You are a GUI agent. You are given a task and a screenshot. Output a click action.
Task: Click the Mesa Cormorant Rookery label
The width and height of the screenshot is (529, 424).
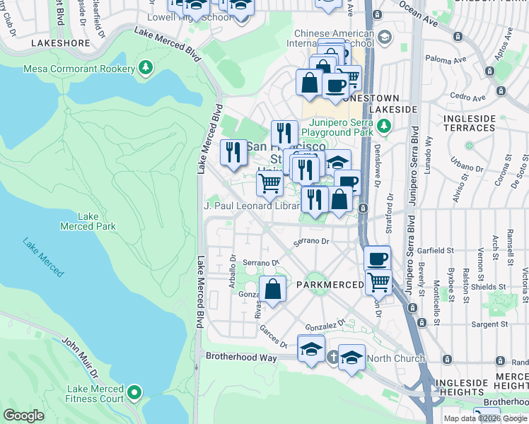click(x=79, y=69)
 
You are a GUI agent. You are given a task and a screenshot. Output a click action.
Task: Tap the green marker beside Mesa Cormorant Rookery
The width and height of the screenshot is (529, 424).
click(x=146, y=68)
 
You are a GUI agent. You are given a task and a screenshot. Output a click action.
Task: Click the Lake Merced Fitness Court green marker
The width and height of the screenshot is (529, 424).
click(x=134, y=391)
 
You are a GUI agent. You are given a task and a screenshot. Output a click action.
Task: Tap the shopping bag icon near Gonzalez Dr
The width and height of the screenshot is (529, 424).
click(x=273, y=288)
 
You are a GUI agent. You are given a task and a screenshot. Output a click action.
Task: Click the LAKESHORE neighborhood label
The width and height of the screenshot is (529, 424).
click(x=61, y=43)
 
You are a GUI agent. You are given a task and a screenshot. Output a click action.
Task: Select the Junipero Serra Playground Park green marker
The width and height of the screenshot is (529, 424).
click(x=383, y=126)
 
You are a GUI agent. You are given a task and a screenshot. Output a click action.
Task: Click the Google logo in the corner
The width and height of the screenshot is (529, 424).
click(x=23, y=416)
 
